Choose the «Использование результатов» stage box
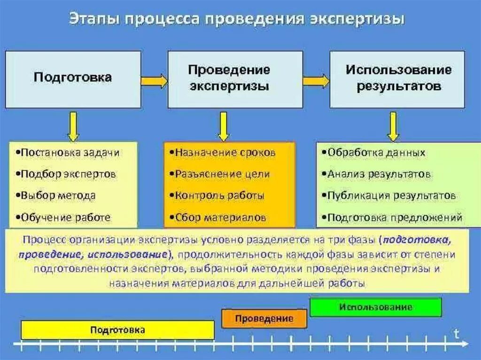point(397,79)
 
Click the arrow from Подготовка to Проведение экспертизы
point(154,81)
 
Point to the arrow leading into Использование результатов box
point(316,81)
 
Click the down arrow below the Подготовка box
point(73,126)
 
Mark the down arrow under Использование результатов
point(393,126)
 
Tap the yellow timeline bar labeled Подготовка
point(117,330)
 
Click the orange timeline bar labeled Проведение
point(264,319)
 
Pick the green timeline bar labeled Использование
point(376,307)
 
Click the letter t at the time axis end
point(456,333)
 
